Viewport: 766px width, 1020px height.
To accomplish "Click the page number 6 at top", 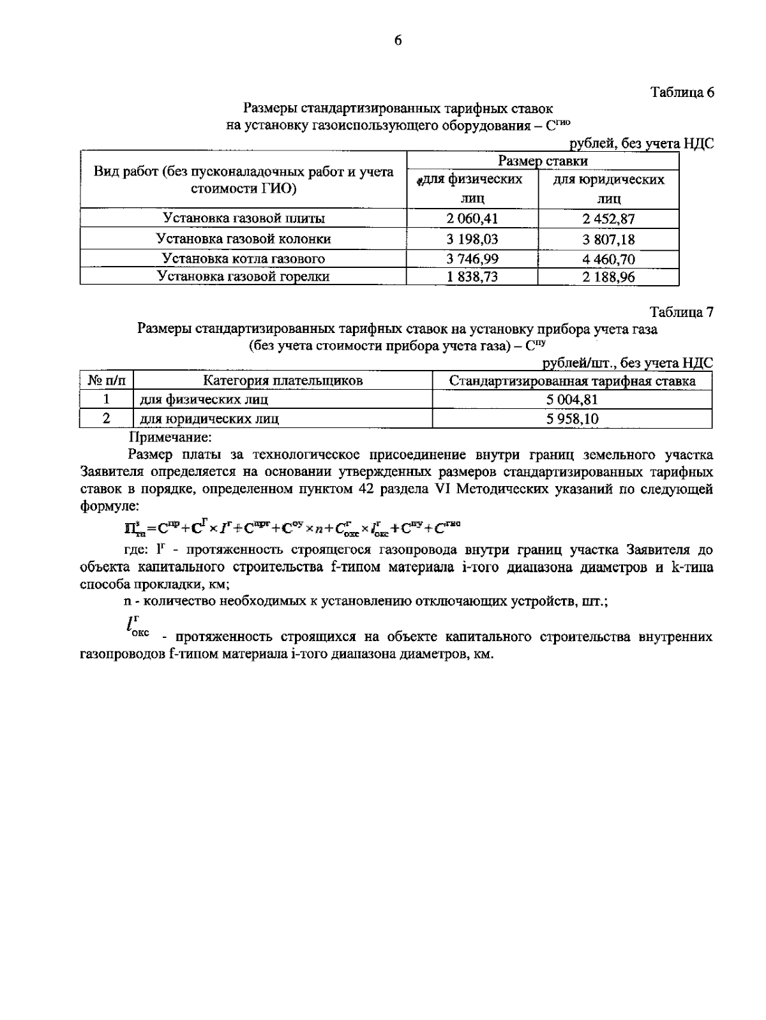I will pyautogui.click(x=397, y=40).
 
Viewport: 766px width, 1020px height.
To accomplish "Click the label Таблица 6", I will pyautogui.click(x=681, y=92).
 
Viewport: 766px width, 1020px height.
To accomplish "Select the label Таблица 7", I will pyautogui.click(x=681, y=313).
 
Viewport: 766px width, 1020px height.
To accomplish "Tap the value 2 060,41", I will pyautogui.click(x=472, y=219).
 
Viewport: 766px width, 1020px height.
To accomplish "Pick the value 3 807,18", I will pyautogui.click(x=608, y=239).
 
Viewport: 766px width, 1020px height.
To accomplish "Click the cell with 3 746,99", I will pyautogui.click(x=472, y=258).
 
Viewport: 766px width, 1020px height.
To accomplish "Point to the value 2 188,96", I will pyautogui.click(x=608, y=277).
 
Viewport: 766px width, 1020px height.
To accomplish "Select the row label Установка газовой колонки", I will pyautogui.click(x=244, y=239).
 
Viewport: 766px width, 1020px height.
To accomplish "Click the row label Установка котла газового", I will pyautogui.click(x=244, y=258).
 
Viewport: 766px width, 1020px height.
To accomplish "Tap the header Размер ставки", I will pyautogui.click(x=543, y=161).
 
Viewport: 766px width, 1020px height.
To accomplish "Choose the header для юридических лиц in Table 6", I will pyautogui.click(x=608, y=189).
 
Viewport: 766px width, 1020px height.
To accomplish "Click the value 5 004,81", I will pyautogui.click(x=572, y=400).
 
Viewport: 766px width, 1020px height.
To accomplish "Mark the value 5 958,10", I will pyautogui.click(x=572, y=419).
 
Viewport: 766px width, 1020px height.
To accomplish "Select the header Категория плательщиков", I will pyautogui.click(x=283, y=381).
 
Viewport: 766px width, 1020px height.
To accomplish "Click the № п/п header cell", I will pyautogui.click(x=107, y=381).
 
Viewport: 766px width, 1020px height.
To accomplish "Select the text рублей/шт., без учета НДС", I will pyautogui.click(x=627, y=363).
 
